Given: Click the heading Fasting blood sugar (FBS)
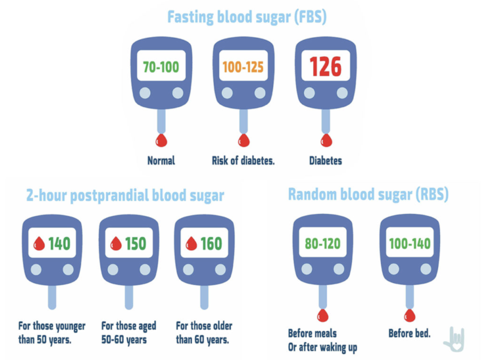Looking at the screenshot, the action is coord(247,17).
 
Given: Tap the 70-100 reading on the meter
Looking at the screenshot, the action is coord(161,67).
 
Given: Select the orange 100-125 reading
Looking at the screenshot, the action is coord(243,67).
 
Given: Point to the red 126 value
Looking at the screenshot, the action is coord(326,67).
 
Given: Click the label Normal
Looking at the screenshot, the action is coord(161,161).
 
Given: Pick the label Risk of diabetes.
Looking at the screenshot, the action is coord(243,161).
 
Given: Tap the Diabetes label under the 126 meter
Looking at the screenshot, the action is coord(326,161).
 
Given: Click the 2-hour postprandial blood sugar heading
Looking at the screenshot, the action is coord(125,196).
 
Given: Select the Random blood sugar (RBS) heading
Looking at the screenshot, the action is coord(368,194).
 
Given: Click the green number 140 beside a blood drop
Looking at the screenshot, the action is coord(60,244).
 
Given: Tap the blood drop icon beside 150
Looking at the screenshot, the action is coord(116,244).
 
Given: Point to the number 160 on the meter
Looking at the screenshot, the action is coord(211,244).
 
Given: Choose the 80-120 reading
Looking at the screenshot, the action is coord(323,244).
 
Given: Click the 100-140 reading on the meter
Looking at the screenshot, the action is coord(410,244).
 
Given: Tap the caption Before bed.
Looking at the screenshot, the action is coord(410,333).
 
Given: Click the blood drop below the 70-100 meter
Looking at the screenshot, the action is coord(162,140).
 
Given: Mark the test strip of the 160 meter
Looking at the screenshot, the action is coord(204,297).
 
